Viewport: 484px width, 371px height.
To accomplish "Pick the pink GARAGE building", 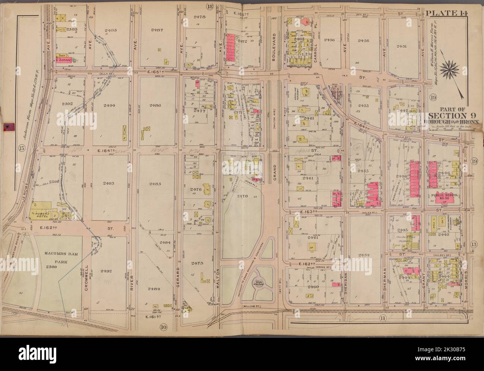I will (x=65, y=59).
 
